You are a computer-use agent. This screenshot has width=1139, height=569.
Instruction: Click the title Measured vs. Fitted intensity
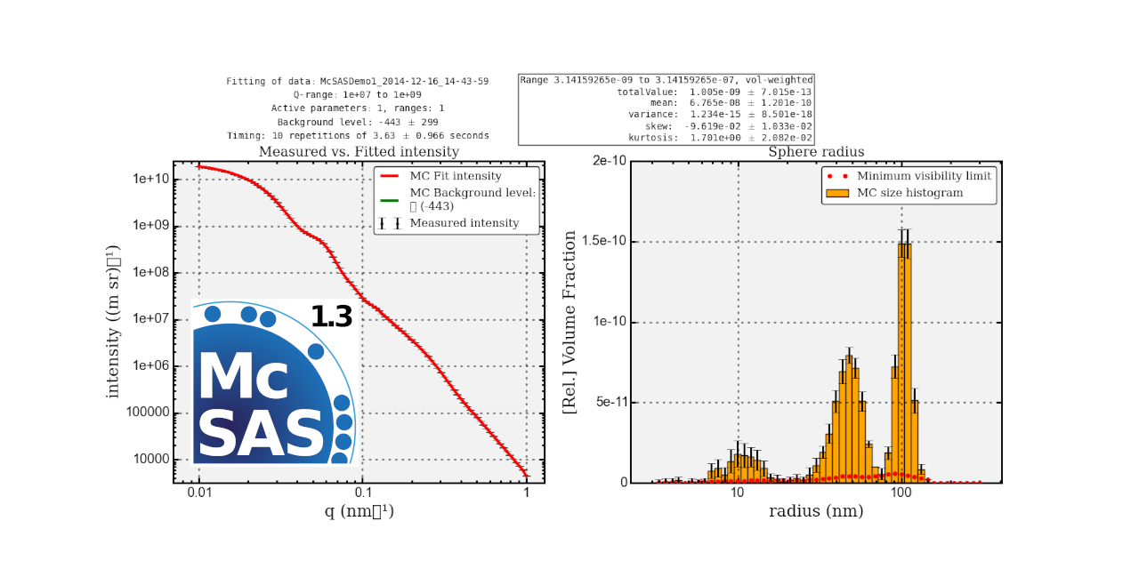click(x=359, y=152)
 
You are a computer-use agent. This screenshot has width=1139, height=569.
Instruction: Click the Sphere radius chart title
click(x=816, y=152)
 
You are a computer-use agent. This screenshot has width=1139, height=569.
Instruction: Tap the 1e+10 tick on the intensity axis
click(x=150, y=180)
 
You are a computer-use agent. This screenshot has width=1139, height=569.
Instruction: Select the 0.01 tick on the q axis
click(x=199, y=495)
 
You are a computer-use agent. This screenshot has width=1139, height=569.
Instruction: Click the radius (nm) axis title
click(x=816, y=512)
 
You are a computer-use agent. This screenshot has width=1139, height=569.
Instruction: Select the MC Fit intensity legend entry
click(x=455, y=176)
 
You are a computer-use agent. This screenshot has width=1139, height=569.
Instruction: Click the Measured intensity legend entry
click(x=464, y=223)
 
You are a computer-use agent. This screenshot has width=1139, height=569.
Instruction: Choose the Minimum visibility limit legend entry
click(x=924, y=176)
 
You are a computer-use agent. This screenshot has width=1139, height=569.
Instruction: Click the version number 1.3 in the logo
click(x=331, y=317)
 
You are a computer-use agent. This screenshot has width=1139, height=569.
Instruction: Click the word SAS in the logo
click(x=260, y=432)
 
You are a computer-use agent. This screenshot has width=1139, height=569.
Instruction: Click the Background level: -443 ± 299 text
click(x=357, y=122)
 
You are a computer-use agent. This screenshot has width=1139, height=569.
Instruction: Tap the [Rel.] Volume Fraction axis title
click(x=569, y=322)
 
